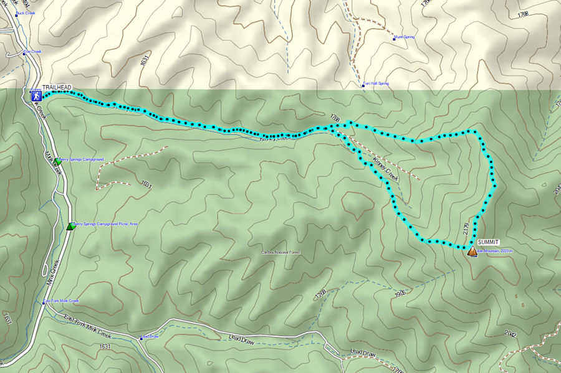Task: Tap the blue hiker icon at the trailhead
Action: pyautogui.click(x=36, y=96)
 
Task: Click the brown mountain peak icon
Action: pyautogui.click(x=472, y=251)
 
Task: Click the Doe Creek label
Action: pyautogui.click(x=34, y=52)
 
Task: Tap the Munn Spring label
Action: pyautogui.click(x=404, y=37)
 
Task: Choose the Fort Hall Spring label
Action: pyautogui.click(x=377, y=83)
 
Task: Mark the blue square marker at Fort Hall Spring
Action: pyautogui.click(x=364, y=85)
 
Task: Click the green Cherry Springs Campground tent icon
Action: pyautogui.click(x=58, y=161)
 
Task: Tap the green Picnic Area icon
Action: pyautogui.click(x=70, y=226)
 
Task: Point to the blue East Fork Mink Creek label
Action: pyautogui.click(x=63, y=301)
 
